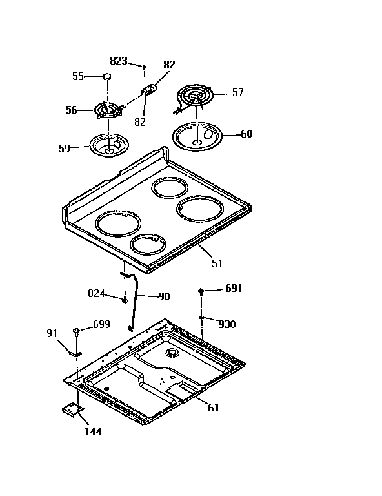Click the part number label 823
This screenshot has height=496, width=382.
[x=119, y=61]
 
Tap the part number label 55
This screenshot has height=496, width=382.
[x=78, y=76]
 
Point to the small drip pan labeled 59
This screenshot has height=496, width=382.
[x=108, y=145]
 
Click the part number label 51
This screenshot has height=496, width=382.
[x=216, y=263]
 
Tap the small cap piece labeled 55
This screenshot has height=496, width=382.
[x=108, y=77]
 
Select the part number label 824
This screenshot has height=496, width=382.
[x=96, y=293]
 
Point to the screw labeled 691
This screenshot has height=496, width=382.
[x=202, y=291]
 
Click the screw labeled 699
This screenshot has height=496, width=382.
[x=77, y=331]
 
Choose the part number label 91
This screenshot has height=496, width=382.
[x=52, y=333]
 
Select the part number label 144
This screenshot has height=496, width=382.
[x=93, y=432]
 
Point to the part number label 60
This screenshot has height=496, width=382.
[x=246, y=134]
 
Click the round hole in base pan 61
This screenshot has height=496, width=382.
[x=172, y=353]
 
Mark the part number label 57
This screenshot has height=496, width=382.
[x=237, y=93]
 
